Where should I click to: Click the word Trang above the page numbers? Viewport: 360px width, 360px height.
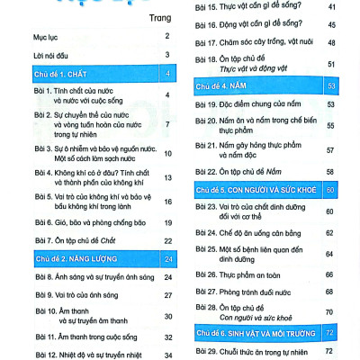(161, 16)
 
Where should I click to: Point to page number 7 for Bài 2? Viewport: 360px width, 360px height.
(168, 123)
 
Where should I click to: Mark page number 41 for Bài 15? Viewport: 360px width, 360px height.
(331, 7)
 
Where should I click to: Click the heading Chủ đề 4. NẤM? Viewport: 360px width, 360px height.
(225, 86)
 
